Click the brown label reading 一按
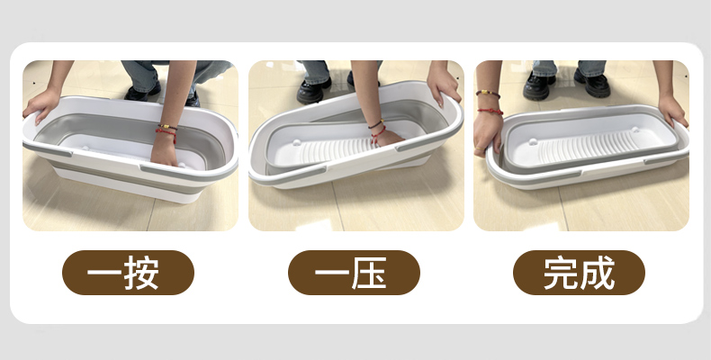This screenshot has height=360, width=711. [x=128, y=273]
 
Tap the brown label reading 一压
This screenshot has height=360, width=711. [x=354, y=273]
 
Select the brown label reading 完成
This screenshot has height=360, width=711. [x=579, y=273]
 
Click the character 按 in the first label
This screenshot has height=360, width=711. [x=141, y=273]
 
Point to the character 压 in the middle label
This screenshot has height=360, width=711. [x=369, y=273]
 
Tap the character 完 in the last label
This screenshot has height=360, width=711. [x=562, y=273]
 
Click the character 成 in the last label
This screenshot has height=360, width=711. [x=598, y=273]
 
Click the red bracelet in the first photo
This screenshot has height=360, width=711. [x=166, y=134]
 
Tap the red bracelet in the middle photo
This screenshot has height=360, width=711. [x=378, y=134]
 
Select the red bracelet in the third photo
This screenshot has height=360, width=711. [x=490, y=111]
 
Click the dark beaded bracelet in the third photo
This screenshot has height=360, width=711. [x=488, y=94]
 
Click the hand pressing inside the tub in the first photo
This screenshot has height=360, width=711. [x=164, y=150]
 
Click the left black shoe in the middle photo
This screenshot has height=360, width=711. [x=313, y=91]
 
